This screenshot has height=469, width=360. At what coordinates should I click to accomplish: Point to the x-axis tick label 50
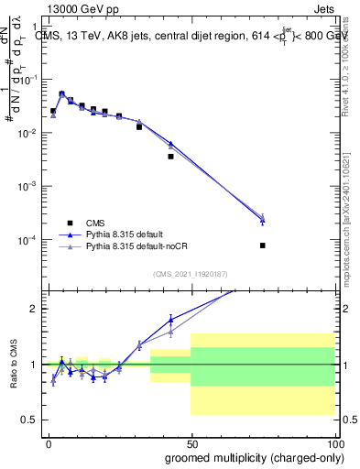click(191, 443)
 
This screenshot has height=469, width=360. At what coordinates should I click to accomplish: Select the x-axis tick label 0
click(49, 443)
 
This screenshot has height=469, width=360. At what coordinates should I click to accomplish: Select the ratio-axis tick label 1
click(34, 365)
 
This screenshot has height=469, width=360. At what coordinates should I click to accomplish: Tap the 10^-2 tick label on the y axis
click(27, 134)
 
